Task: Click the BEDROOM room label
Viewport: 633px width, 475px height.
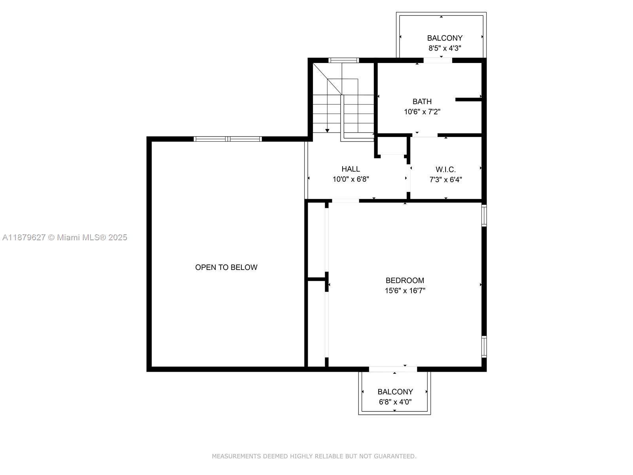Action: click(405, 280)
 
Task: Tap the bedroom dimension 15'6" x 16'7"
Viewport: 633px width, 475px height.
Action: click(405, 291)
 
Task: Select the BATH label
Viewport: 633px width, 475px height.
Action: click(422, 101)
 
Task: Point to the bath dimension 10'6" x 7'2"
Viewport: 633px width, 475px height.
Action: click(422, 112)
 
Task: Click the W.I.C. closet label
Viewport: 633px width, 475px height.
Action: click(445, 169)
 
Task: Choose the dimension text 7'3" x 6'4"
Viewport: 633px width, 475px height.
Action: click(445, 180)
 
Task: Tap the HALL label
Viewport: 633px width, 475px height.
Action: click(351, 169)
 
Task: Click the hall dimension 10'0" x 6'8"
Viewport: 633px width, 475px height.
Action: click(351, 179)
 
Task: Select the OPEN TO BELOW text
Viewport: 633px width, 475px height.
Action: click(226, 267)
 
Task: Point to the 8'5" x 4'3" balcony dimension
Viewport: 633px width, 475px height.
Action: click(445, 48)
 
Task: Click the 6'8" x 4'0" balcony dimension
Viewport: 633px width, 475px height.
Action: click(395, 402)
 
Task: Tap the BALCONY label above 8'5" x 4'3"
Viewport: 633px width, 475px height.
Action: click(445, 38)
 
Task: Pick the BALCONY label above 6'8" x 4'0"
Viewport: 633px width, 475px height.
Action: click(395, 391)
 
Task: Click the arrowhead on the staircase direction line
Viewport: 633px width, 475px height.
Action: click(327, 131)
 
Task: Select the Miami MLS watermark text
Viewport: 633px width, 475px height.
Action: click(64, 237)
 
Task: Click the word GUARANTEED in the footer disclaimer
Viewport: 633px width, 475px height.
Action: click(395, 456)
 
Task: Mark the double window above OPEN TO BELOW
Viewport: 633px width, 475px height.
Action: click(227, 139)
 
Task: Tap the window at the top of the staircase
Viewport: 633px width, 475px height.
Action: click(343, 60)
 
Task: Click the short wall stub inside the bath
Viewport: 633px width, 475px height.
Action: click(469, 99)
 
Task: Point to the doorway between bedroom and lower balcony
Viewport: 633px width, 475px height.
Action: click(393, 369)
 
